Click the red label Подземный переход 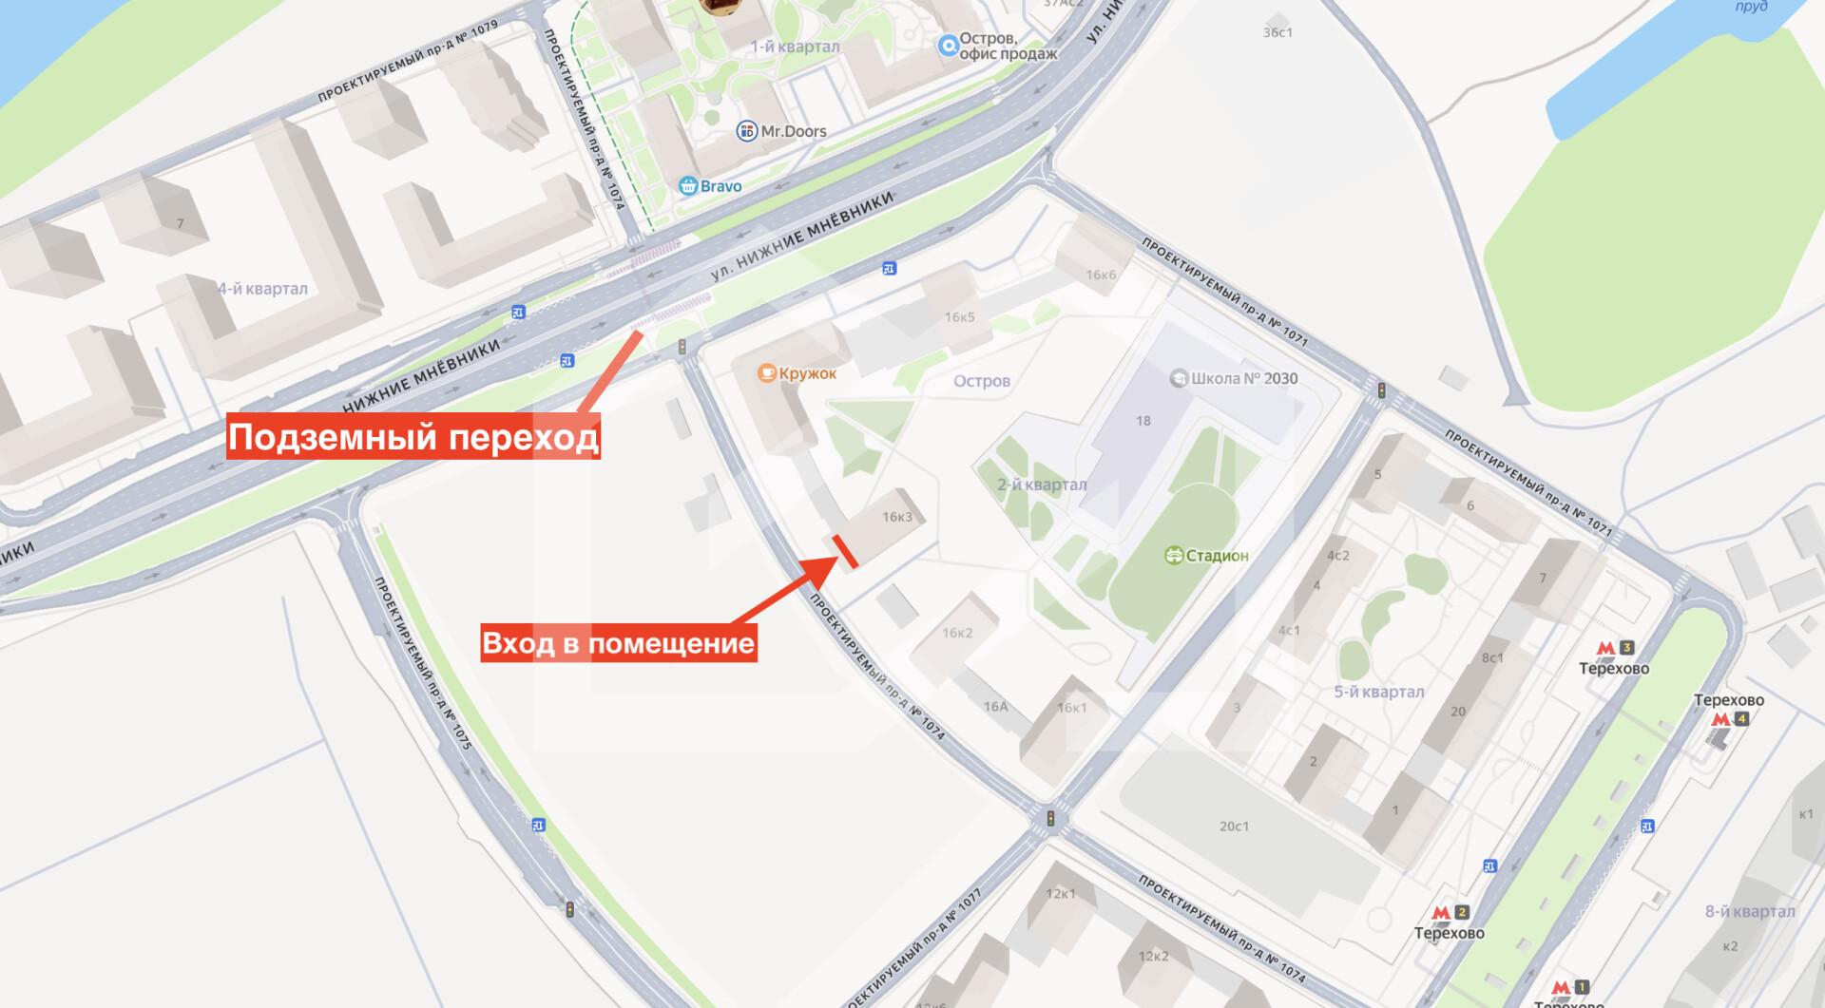click(413, 438)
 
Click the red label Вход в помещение click(618, 643)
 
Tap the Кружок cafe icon click(766, 373)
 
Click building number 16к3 click(896, 517)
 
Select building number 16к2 click(957, 633)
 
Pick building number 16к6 click(1101, 276)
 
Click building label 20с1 click(1234, 827)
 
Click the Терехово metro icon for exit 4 click(1720, 719)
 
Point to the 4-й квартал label click(262, 289)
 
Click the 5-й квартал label click(1378, 692)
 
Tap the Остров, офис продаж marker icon click(948, 46)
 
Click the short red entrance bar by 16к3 click(846, 552)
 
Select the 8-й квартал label click(1749, 911)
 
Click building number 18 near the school click(1143, 420)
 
